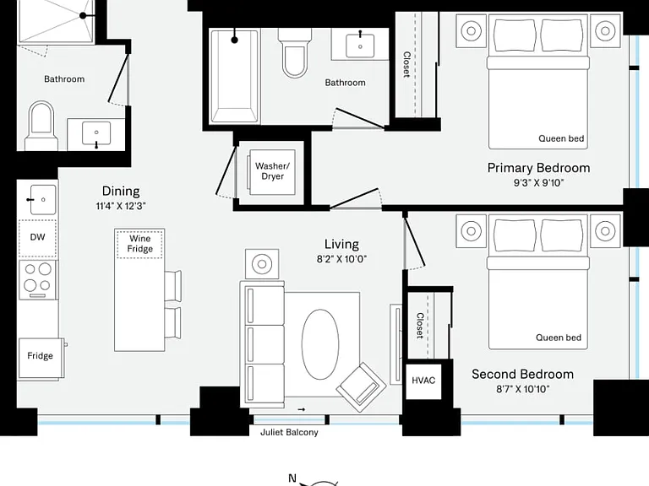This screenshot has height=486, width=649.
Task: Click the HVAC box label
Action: coord(423,381)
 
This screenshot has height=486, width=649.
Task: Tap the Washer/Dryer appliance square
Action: coord(272,171)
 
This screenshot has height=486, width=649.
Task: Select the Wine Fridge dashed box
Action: coord(139,244)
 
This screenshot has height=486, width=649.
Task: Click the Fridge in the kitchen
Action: coord(41,359)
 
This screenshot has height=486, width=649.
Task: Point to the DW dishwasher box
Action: coord(38,238)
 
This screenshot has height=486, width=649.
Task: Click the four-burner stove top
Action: coord(38,280)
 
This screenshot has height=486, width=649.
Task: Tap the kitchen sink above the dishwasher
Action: coord(42,200)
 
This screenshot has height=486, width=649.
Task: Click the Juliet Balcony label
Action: coord(289,432)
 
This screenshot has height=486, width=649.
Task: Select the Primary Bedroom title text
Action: coord(538,168)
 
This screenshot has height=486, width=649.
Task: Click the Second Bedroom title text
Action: coord(523,374)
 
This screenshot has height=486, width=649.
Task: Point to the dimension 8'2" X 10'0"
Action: coord(342,259)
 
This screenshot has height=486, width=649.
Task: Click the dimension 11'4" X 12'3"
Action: coord(121,206)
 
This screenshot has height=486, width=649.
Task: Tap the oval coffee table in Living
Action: coord(320,344)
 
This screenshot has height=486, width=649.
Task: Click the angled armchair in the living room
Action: coord(362,387)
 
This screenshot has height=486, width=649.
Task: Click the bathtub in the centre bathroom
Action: coord(235,76)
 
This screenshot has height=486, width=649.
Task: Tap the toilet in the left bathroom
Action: coord(41,126)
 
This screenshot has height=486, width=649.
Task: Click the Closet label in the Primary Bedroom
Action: coord(406,64)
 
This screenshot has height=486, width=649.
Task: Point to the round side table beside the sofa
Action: coord(262,263)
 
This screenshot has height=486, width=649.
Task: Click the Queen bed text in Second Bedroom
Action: coord(559,337)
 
